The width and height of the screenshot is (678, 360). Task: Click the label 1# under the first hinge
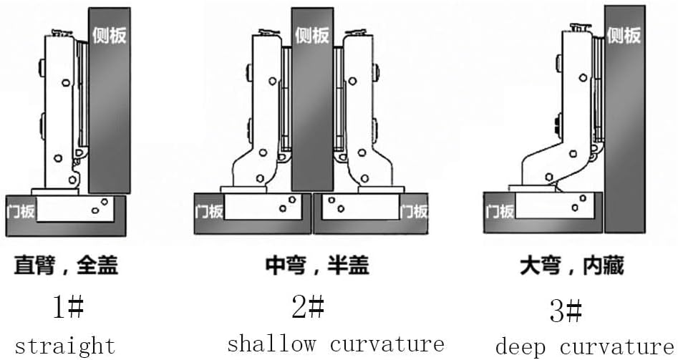pos(68,308)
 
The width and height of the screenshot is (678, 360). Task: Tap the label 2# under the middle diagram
pos(308,308)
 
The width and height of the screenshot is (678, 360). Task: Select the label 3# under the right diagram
pos(566,311)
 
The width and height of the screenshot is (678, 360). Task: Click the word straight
pos(65,346)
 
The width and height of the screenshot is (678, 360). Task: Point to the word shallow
pos(271,344)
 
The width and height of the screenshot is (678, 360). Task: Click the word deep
pos(521,346)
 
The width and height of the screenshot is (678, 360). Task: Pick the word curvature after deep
pos(617,346)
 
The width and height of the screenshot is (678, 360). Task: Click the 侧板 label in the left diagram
pos(110,34)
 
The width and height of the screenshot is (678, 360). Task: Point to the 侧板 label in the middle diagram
pos(312,34)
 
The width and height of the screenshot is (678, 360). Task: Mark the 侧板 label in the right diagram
pos(624,34)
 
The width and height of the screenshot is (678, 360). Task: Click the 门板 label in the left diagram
pos(20,210)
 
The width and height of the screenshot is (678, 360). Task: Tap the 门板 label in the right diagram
pos(500,210)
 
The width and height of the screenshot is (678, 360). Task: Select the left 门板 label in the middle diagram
pos(209,210)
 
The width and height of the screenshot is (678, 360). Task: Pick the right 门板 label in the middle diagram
pos(413,210)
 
